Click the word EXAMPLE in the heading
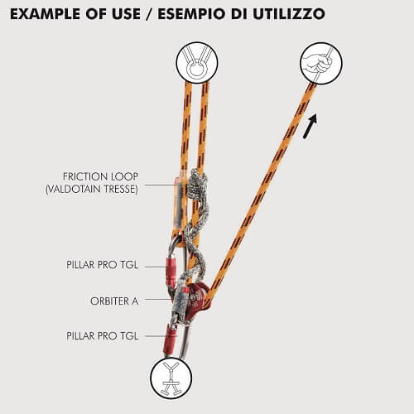point(46,14)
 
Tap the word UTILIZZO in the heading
point(289,14)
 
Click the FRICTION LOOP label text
point(100,176)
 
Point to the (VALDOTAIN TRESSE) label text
point(92,190)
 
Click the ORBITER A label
point(114,301)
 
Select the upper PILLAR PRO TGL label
point(103,265)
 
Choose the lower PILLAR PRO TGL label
point(103,336)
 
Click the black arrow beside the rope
point(310,126)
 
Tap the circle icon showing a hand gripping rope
point(321,63)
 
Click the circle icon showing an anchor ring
point(197,63)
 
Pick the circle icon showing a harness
point(171,378)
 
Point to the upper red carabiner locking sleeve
point(171,272)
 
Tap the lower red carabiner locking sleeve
point(170,340)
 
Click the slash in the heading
point(149,14)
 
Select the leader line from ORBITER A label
point(158,299)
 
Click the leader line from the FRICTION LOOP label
point(166,185)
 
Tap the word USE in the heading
point(125,14)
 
